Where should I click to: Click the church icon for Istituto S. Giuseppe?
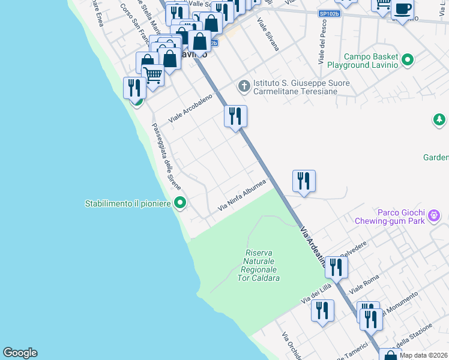tap(244, 86)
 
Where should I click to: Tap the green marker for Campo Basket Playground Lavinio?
tap(408, 60)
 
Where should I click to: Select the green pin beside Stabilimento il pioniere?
tap(179, 203)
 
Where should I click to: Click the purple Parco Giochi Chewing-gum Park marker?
tap(435, 215)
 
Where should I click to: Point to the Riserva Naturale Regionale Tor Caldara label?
tap(259, 265)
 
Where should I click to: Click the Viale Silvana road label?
tap(268, 34)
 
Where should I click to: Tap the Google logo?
tap(20, 353)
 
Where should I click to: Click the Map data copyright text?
tap(423, 355)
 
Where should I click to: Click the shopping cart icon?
tap(153, 76)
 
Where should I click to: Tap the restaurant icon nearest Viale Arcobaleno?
tap(235, 115)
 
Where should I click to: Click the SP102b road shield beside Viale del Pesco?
tap(328, 14)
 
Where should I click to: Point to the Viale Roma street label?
tap(369, 286)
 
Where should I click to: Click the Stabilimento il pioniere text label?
tap(128, 204)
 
